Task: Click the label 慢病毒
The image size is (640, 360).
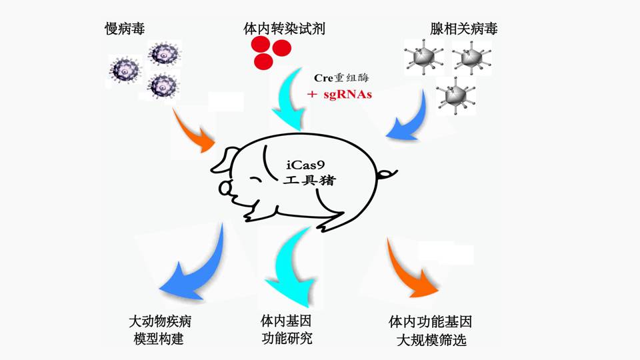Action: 125,29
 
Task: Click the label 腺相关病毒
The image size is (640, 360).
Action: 464,29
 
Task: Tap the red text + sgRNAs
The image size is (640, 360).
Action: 339,95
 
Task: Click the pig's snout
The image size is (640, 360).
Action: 225,189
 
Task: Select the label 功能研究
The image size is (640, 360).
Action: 287,338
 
